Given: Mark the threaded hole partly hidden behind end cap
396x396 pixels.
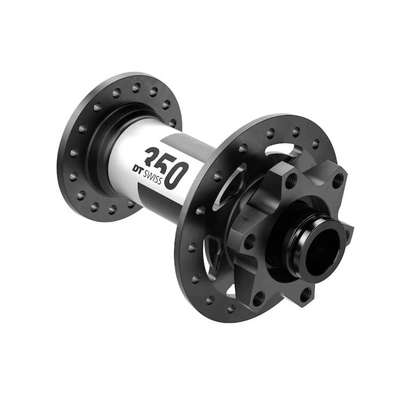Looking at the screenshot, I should point(347,234).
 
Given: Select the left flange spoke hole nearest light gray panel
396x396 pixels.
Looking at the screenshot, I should point(173,123).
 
